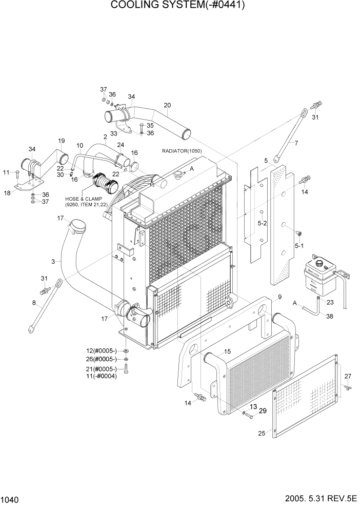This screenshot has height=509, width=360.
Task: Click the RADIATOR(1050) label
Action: [x=182, y=151]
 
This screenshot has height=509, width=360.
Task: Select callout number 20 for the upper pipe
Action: [x=167, y=105]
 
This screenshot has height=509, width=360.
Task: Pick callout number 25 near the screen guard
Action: [x=262, y=434]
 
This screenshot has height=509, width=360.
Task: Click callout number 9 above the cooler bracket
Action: [x=280, y=297]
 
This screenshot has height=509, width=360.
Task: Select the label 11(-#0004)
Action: [x=102, y=376]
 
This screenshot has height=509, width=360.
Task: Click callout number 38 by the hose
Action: [x=329, y=316]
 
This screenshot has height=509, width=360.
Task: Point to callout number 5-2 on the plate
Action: [x=262, y=224]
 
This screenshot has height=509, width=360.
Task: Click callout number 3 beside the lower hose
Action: [x=53, y=262]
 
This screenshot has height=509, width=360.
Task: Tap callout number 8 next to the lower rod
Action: [x=34, y=303]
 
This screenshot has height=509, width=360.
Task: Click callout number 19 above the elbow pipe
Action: [x=61, y=141]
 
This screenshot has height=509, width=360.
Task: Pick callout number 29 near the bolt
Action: [x=263, y=411]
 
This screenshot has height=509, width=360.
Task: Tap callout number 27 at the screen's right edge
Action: [x=348, y=376]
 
